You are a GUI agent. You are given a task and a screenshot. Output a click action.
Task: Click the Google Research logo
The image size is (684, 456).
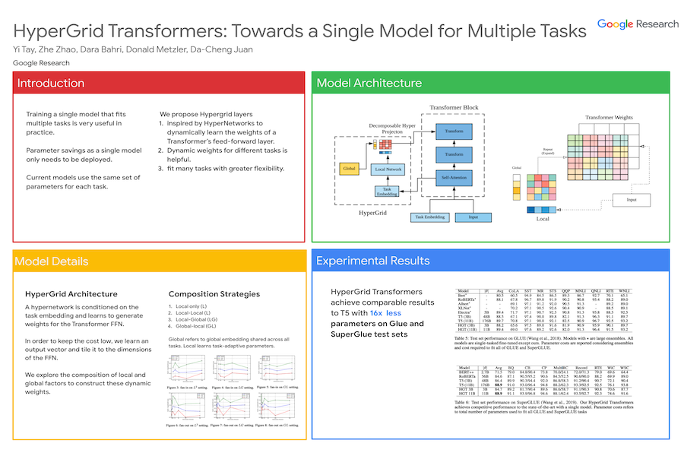pyautogui.click(x=638, y=24)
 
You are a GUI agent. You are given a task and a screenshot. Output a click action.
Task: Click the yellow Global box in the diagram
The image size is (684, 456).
pyautogui.click(x=350, y=168)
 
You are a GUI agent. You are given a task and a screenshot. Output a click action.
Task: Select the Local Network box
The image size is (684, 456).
pyautogui.click(x=389, y=169)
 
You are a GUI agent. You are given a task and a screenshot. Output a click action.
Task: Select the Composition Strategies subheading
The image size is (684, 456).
pyautogui.click(x=214, y=293)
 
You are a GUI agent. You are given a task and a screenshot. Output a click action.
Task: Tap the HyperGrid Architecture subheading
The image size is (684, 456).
pyautogui.click(x=71, y=293)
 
